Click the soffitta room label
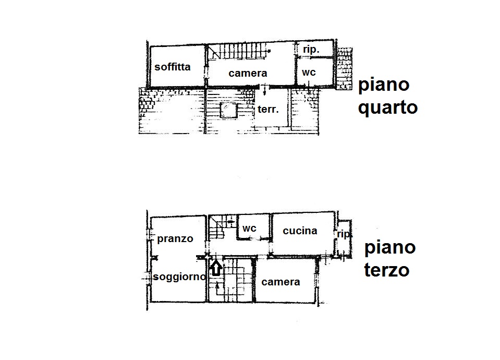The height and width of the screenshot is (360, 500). pyautogui.click(x=172, y=67)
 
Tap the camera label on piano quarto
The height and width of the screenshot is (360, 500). pyautogui.click(x=248, y=73)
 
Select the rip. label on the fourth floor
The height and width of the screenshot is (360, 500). pyautogui.click(x=311, y=50)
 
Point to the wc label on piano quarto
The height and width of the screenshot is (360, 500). pyautogui.click(x=309, y=73)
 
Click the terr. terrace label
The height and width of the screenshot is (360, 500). pyautogui.click(x=268, y=109)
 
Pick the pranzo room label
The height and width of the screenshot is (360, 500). pyautogui.click(x=175, y=239)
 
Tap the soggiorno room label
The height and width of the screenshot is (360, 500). pyautogui.click(x=179, y=277)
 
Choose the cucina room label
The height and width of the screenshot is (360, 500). pyautogui.click(x=300, y=231)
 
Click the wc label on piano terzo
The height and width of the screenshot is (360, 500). pyautogui.click(x=249, y=229)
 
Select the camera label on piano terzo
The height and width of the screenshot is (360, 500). pyautogui.click(x=281, y=282)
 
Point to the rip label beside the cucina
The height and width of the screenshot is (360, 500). pyautogui.click(x=344, y=234)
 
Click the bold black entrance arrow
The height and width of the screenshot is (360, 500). pyautogui.click(x=216, y=268)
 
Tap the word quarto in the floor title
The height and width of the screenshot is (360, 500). pyautogui.click(x=388, y=107)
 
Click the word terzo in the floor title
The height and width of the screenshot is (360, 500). pyautogui.click(x=387, y=270)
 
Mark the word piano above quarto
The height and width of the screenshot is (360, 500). pyautogui.click(x=384, y=85)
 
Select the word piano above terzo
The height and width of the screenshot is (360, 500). pyautogui.click(x=390, y=248)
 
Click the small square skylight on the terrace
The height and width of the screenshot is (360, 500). pyautogui.click(x=228, y=110)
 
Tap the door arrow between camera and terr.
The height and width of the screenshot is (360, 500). pyautogui.click(x=264, y=90)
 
